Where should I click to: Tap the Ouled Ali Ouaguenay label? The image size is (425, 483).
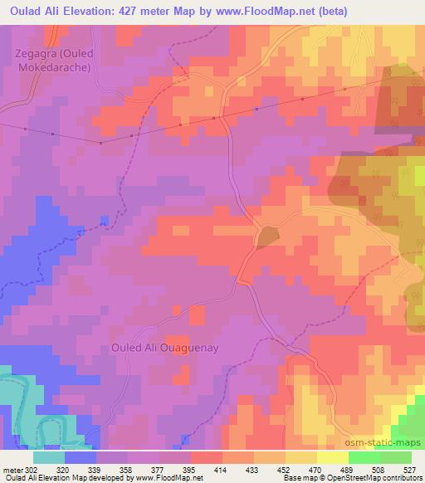[x=164, y=348]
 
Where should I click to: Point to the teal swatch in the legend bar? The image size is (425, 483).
[x=49, y=456]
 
